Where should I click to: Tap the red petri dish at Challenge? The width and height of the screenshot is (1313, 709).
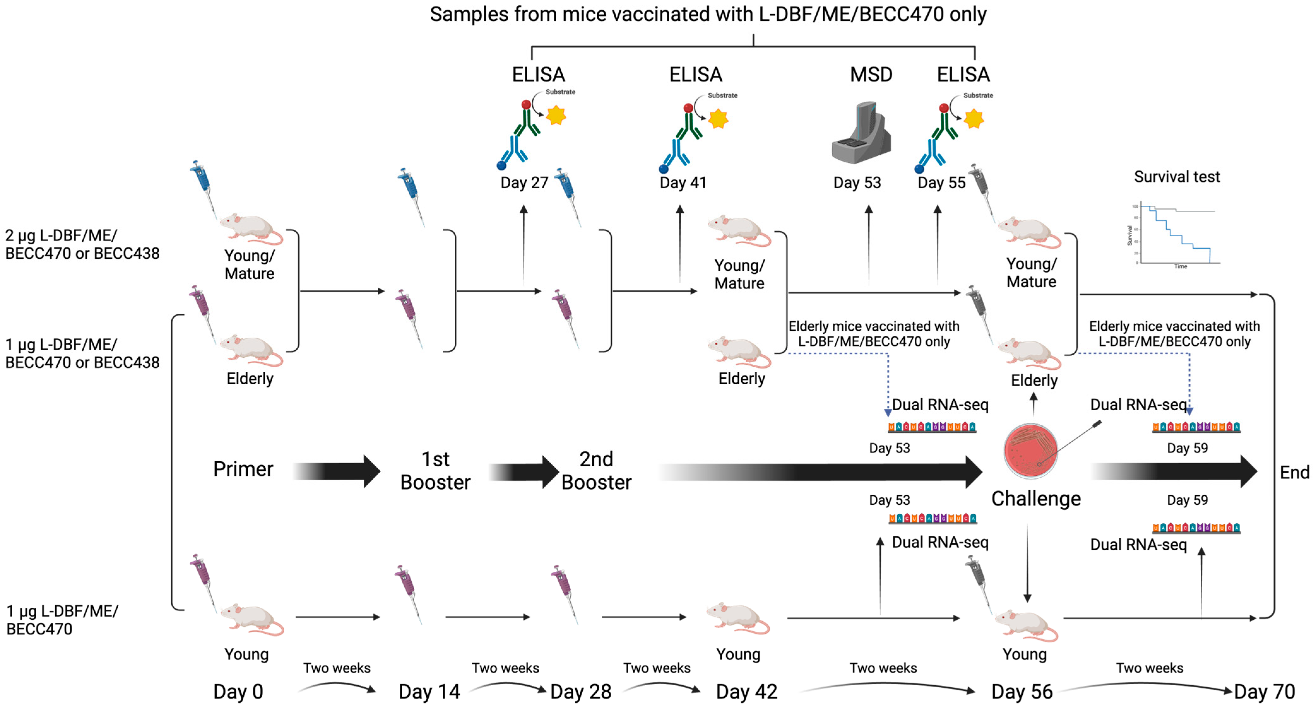coord(1031,451)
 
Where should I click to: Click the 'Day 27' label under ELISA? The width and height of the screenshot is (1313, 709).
coord(524,182)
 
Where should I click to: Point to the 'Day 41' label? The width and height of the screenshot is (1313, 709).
coord(683,182)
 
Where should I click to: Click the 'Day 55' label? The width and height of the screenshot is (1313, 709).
coord(941,182)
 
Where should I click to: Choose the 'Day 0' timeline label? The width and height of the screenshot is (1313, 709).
coord(238,692)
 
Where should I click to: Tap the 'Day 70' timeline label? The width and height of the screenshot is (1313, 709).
coord(1265,692)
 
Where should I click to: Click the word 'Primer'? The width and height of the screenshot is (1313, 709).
coord(243,469)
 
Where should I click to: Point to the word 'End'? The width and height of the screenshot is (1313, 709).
coord(1294,472)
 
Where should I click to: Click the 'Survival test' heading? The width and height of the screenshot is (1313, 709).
coord(1177,177)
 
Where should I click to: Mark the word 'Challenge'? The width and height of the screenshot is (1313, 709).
coord(1036,499)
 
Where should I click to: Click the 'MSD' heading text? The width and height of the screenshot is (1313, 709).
coord(871,75)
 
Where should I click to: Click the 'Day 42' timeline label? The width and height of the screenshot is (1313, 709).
coord(747,692)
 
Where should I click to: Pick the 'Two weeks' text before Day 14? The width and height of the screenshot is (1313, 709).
coord(337,668)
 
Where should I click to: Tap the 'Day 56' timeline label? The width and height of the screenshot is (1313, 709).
coord(1022,692)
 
